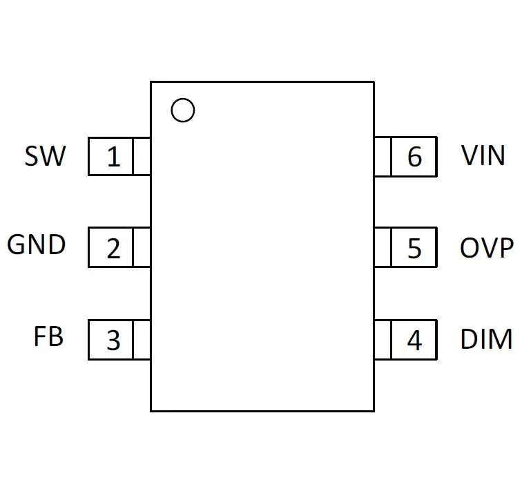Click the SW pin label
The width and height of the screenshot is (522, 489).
(x=46, y=155)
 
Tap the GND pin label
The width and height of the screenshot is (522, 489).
(x=37, y=245)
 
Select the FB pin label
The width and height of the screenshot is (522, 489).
(x=48, y=336)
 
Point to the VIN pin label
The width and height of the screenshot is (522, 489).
(x=483, y=155)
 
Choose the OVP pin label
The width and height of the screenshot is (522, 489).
(x=487, y=247)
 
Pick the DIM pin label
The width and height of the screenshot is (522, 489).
(x=486, y=339)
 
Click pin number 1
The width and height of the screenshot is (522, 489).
(x=113, y=157)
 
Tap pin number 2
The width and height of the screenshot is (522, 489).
(x=113, y=249)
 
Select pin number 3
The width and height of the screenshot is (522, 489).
(x=113, y=340)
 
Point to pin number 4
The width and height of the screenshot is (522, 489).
(x=414, y=340)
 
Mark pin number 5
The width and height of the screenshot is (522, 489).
(x=414, y=248)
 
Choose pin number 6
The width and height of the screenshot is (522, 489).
(x=415, y=156)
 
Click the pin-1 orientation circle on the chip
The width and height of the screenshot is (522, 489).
(x=183, y=99)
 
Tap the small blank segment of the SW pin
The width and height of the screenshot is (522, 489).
(x=142, y=156)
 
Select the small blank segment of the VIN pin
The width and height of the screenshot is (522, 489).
(x=383, y=156)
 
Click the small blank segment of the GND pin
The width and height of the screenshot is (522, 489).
(x=142, y=247)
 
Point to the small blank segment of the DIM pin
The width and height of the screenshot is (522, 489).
(x=383, y=340)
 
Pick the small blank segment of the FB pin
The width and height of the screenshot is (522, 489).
(x=142, y=340)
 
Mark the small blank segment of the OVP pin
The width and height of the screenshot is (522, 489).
(x=383, y=247)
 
